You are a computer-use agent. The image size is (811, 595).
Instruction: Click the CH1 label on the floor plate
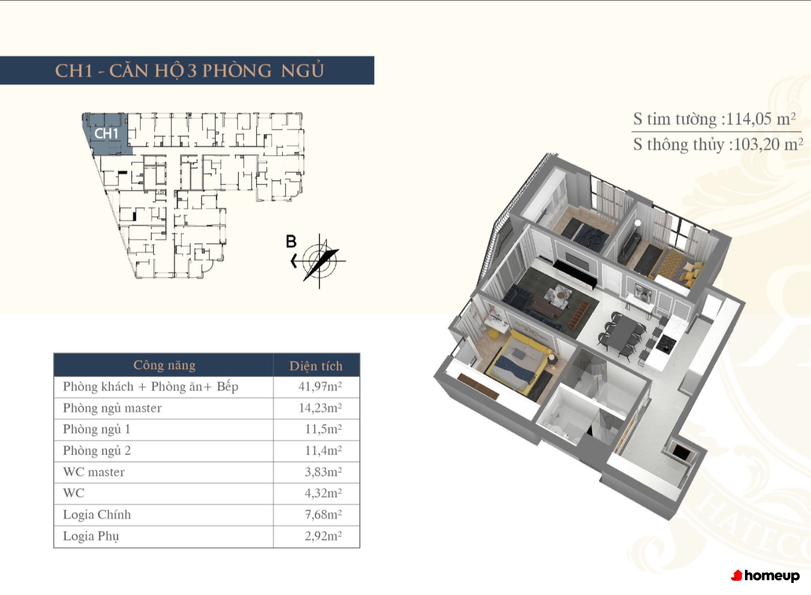pos(106,134)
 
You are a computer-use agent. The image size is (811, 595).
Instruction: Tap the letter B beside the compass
pos(291,241)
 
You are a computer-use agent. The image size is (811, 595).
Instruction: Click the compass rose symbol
pos(320,261)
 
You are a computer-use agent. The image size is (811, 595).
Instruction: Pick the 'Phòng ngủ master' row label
pos(112,408)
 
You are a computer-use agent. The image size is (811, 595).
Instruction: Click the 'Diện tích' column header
pos(316,366)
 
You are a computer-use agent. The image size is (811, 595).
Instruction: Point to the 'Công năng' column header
pos(165,365)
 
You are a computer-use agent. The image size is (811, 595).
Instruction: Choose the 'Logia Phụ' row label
pos(91,536)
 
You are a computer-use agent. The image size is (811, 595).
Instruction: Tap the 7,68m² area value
pos(323,515)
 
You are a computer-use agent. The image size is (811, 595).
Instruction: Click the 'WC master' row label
pos(94,472)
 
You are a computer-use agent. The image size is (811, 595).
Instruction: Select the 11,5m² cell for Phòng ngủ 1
pos(323,429)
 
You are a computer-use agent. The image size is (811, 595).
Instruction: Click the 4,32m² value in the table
pos(323,493)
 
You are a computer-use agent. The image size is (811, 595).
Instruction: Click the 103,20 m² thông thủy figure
pos(768,145)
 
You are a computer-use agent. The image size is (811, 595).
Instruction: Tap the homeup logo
pos(765,576)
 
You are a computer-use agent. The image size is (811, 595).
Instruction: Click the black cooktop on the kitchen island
pos(666,344)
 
